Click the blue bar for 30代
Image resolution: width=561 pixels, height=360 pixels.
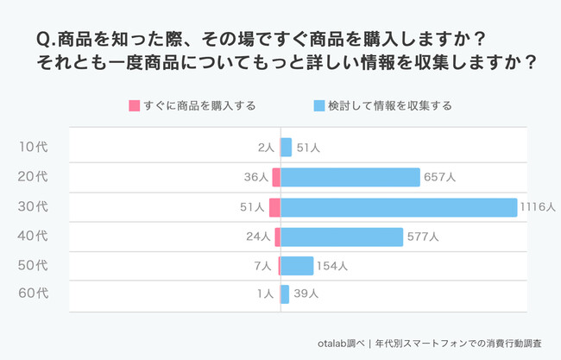click(x=399, y=207)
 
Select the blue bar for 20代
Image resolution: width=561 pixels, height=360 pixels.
click(x=350, y=177)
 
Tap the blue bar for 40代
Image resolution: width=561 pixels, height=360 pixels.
click(x=342, y=237)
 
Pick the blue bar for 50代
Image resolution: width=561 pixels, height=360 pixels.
click(x=297, y=266)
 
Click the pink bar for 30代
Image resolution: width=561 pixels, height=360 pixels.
click(x=274, y=207)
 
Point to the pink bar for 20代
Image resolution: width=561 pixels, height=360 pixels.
click(x=276, y=177)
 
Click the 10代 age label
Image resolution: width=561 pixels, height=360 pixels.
click(x=34, y=148)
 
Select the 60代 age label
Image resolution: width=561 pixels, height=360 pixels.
click(x=34, y=294)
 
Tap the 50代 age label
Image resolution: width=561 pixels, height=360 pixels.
click(x=34, y=266)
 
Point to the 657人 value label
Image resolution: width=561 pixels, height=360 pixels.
click(x=439, y=178)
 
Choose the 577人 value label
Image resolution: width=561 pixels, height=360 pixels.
click(x=423, y=237)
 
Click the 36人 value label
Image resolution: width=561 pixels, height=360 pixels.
click(x=256, y=178)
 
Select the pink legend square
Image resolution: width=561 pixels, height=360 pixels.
click(x=134, y=106)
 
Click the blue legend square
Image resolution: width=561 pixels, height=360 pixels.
click(x=319, y=106)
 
